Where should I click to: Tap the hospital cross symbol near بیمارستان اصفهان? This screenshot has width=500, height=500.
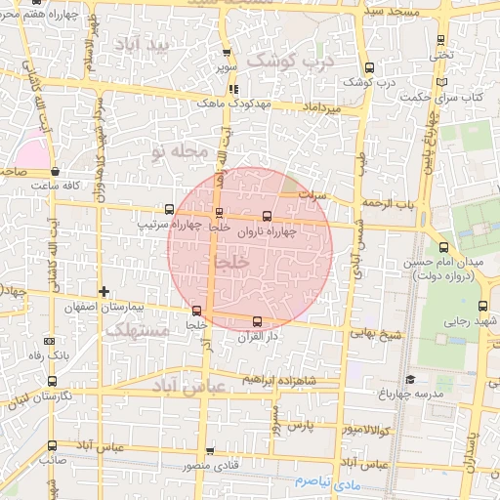click(104, 291)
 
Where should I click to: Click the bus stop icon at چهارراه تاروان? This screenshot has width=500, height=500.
click(268, 217)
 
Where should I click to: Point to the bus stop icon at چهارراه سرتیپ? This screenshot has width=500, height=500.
click(171, 209)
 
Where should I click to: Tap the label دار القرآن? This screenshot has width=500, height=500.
click(258, 336)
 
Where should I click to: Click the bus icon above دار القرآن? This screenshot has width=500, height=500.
click(258, 321)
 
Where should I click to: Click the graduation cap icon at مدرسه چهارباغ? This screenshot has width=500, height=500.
click(410, 380)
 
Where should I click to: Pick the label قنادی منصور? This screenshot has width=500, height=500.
click(210, 466)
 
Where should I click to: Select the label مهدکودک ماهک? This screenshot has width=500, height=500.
click(226, 102)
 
